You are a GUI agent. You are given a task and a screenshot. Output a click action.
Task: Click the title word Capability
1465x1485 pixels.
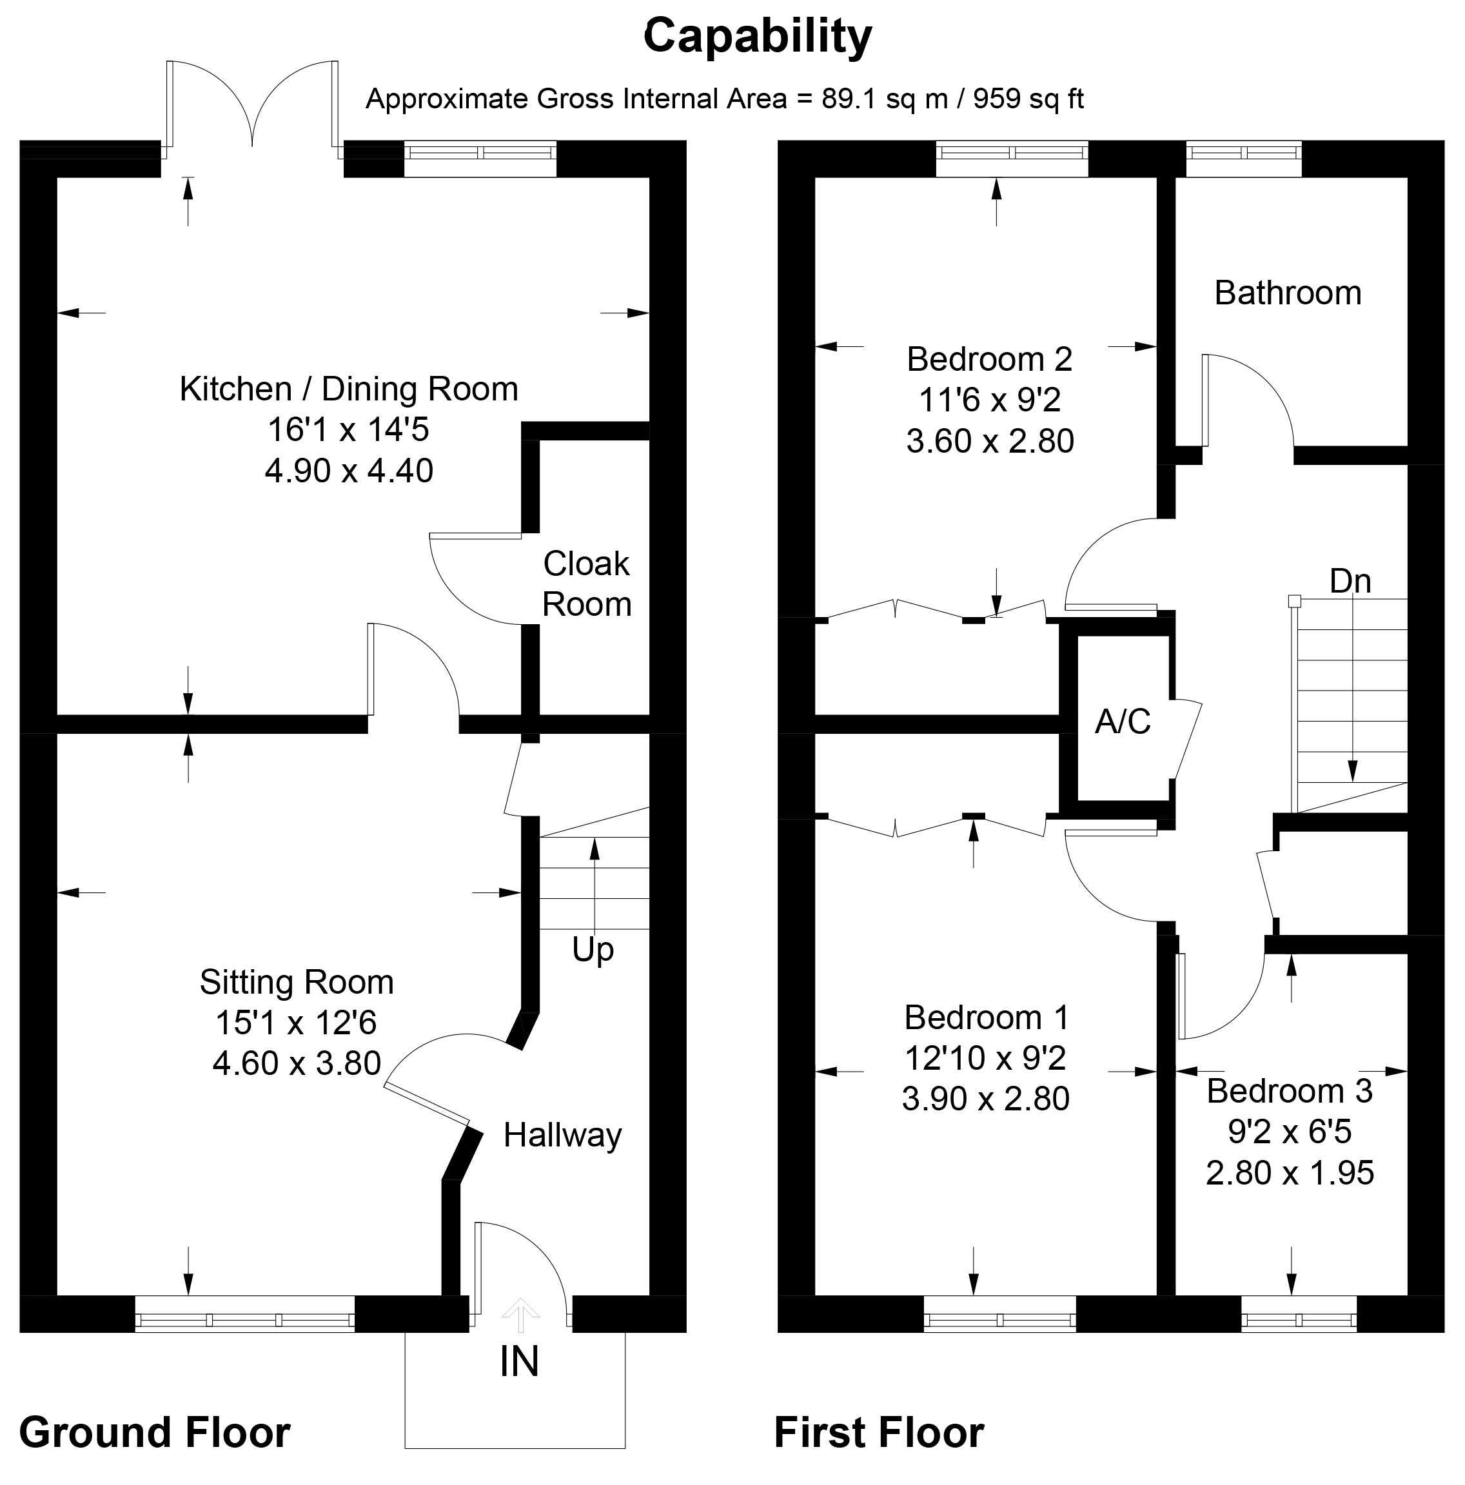point(757,36)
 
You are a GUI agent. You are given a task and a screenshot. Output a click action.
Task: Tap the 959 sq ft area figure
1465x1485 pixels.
point(1028,99)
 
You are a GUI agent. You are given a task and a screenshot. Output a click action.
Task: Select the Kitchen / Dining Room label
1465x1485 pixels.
point(348,389)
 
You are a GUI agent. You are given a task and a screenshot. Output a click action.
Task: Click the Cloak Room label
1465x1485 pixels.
point(587,584)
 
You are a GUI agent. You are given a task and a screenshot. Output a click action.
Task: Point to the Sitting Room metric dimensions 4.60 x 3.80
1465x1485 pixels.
point(297,1063)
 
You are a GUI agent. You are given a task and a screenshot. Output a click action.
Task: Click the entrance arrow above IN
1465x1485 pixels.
point(520,1314)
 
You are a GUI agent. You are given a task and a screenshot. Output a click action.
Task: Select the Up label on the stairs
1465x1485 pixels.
point(593,949)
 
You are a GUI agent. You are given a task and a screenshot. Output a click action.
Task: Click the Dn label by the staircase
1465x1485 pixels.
point(1350,581)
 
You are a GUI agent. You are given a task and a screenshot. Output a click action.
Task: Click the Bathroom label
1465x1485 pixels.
point(1288,293)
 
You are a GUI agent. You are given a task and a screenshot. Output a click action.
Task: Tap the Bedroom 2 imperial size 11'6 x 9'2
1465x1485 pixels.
point(989,400)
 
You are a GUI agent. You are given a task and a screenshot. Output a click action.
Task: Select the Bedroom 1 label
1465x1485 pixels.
point(986,1018)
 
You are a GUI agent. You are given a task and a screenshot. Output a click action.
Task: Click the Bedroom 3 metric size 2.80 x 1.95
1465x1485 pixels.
point(1290,1173)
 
